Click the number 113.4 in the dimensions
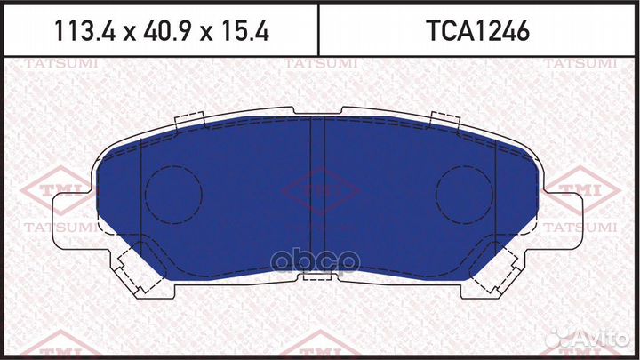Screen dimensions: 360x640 83,32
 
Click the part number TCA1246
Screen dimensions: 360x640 479,32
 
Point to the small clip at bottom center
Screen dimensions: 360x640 316,277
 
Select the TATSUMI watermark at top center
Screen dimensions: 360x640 319,63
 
